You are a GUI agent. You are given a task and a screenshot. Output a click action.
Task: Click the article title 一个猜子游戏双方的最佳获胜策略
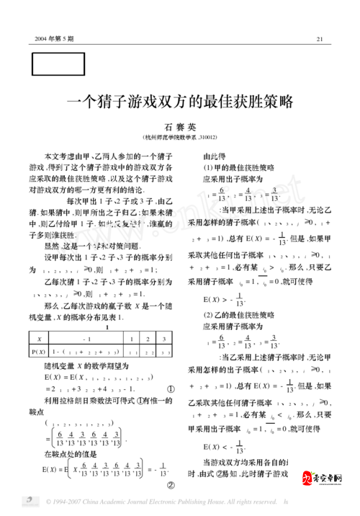point(180,102)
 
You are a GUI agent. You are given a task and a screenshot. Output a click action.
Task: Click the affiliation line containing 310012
point(180,138)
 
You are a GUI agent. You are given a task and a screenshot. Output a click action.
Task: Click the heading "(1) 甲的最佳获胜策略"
point(232,167)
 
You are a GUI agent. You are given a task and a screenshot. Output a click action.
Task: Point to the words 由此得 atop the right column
point(215,156)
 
